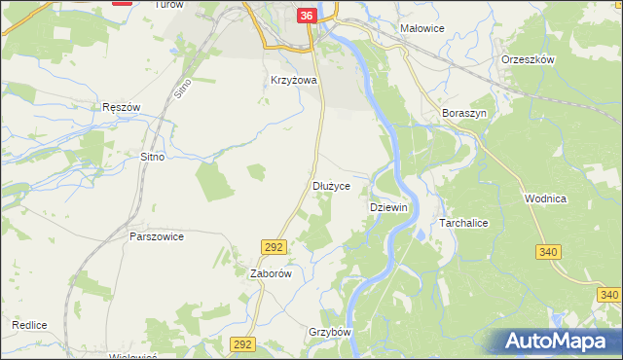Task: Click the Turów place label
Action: [x=168, y=5]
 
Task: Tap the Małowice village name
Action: [x=422, y=28]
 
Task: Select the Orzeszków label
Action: [x=528, y=59]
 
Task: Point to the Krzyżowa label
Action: [x=295, y=81]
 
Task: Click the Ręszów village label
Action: [x=122, y=106]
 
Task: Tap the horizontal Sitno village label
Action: [x=152, y=156]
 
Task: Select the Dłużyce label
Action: [x=338, y=184]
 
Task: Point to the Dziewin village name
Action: [x=388, y=208]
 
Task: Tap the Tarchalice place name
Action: [x=469, y=223]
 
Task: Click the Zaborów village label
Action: [x=272, y=274]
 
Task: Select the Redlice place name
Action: [x=30, y=324]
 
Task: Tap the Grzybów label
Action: [x=329, y=332]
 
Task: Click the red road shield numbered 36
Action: [x=307, y=16]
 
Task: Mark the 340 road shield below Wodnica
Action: [x=548, y=252]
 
